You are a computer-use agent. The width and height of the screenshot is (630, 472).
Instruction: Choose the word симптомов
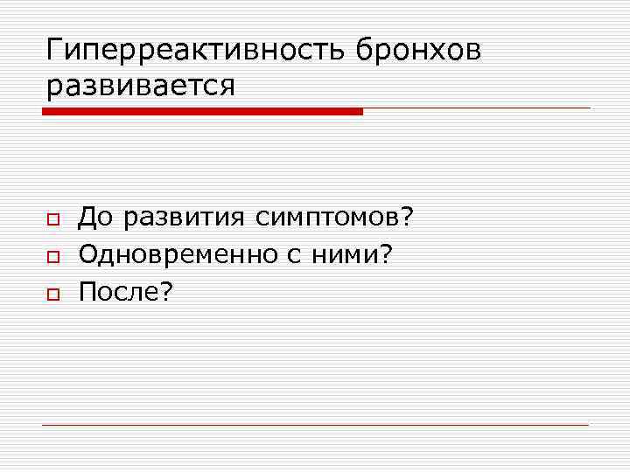329,216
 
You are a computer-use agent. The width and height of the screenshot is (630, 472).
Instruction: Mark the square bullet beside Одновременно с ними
52,255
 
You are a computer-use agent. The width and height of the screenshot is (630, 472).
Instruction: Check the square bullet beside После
52,293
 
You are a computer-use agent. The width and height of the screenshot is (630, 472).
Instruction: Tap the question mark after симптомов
407,216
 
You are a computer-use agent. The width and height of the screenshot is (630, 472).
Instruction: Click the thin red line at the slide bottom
315,425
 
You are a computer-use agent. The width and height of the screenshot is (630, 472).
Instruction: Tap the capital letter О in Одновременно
88,253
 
